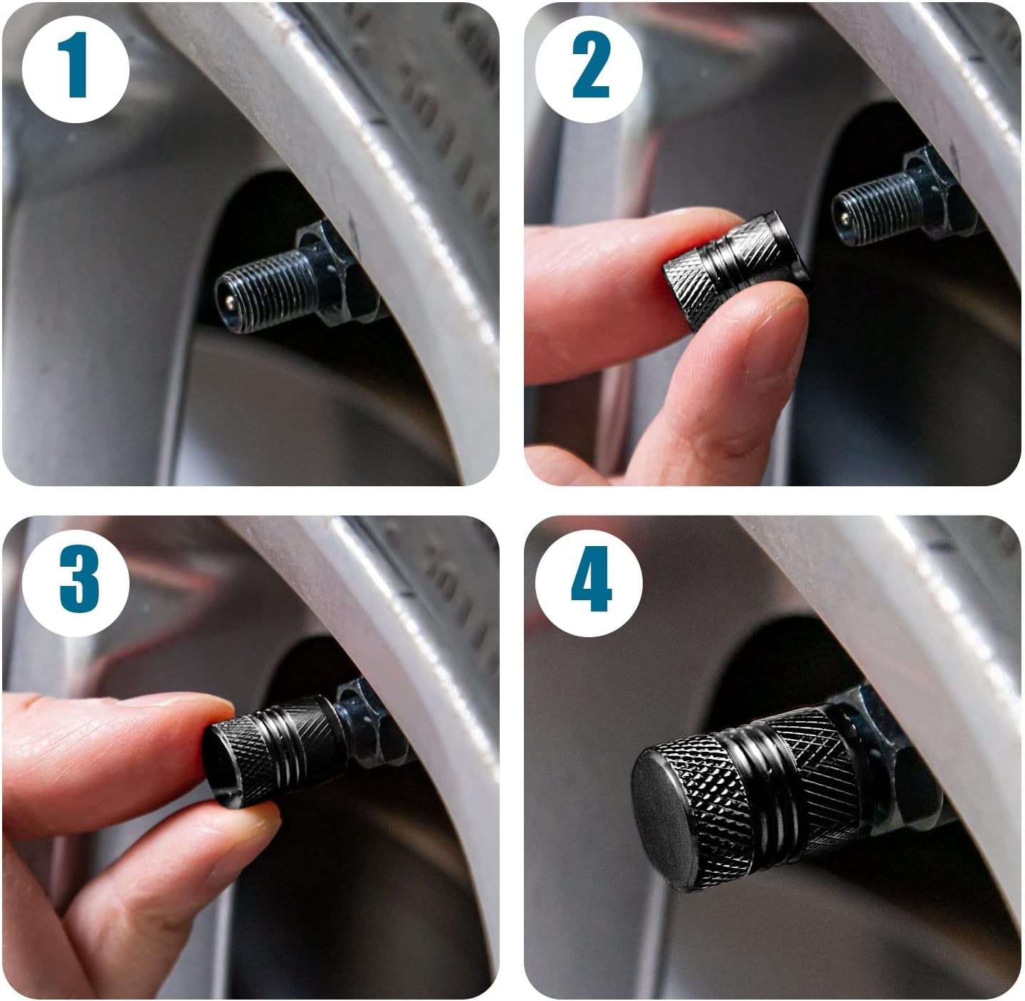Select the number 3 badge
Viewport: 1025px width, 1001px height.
coord(75,583)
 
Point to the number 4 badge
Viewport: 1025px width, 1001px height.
coord(589,583)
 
